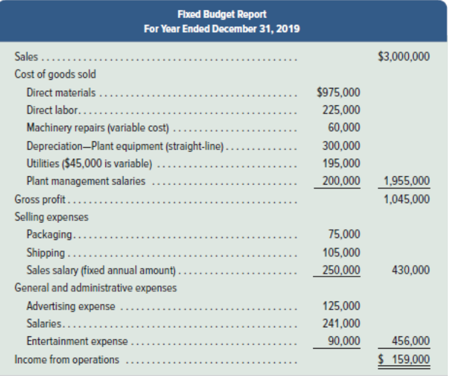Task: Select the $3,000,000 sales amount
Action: click(x=404, y=57)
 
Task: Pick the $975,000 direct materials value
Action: click(x=338, y=92)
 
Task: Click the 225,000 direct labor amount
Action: click(x=341, y=110)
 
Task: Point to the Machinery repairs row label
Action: click(x=97, y=127)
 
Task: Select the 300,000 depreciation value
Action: click(x=341, y=146)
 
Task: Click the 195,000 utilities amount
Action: click(x=341, y=163)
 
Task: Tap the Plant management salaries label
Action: click(x=86, y=181)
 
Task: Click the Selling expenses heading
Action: click(x=51, y=217)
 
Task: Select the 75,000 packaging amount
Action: click(x=344, y=235)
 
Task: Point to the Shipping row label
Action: click(x=46, y=253)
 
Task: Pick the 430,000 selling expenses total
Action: click(x=411, y=270)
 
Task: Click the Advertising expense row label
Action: click(x=70, y=306)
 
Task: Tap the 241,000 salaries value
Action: click(x=341, y=324)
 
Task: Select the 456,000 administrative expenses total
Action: click(x=411, y=341)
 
